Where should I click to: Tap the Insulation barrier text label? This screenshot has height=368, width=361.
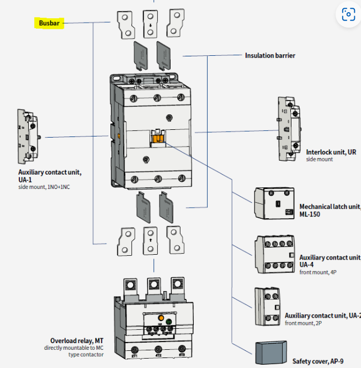(270, 55)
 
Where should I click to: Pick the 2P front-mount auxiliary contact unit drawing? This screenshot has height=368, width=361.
(267, 307)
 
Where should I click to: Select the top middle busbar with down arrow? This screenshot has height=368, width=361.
(151, 23)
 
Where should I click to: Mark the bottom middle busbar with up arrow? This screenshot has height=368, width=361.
(151, 240)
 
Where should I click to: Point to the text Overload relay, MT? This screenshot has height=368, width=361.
(77, 340)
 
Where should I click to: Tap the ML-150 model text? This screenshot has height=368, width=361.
(310, 214)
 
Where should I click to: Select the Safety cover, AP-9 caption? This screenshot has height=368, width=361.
(317, 361)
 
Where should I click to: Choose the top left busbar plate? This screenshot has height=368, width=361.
(125, 25)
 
